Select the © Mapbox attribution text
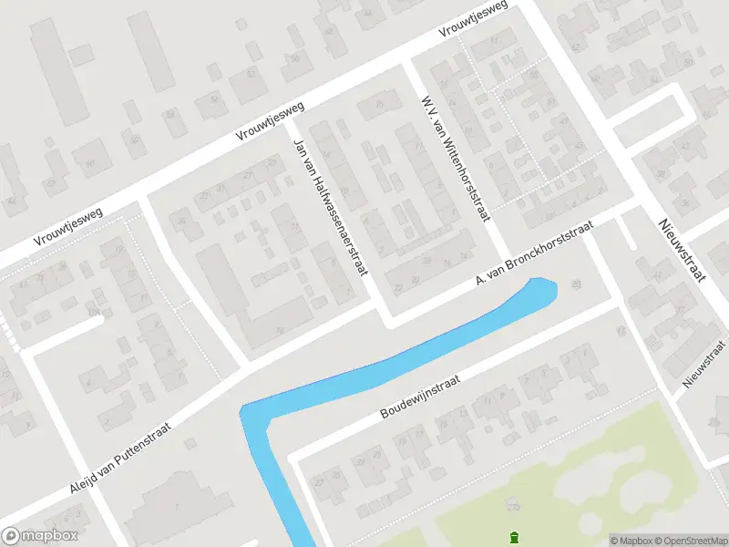(x=631, y=540)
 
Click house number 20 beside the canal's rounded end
(x=575, y=285)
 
